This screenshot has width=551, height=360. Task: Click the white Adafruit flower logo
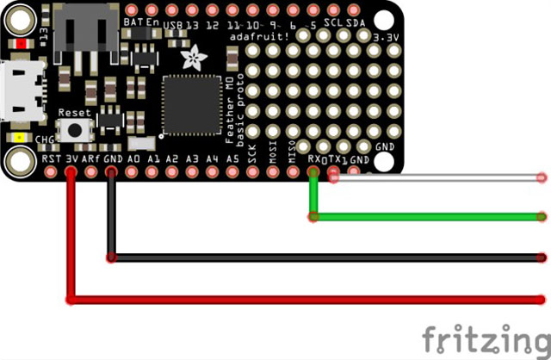point(189,58)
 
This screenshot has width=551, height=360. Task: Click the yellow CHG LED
point(19,138)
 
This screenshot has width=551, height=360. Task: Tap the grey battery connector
point(84,30)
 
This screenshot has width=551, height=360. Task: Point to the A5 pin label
point(232,159)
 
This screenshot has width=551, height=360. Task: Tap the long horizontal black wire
point(327,257)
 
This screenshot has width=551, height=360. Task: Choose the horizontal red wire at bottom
point(310,299)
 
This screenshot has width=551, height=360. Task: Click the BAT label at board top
point(133,21)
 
